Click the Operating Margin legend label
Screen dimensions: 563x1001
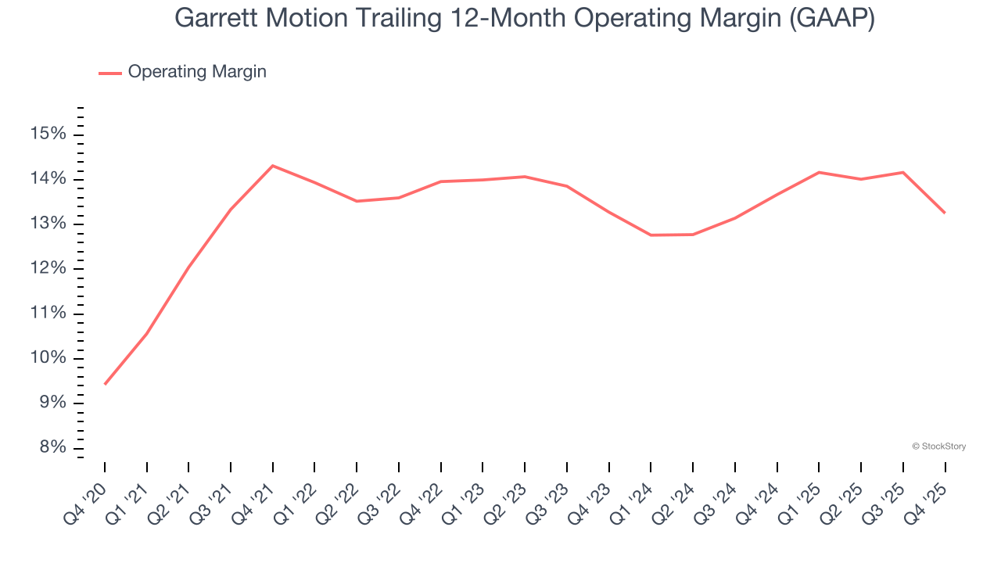[197, 72]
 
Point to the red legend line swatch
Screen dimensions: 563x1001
[109, 73]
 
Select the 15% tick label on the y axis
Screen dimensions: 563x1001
[47, 134]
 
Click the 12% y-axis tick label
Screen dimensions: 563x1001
[47, 269]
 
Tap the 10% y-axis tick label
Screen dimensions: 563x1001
[47, 358]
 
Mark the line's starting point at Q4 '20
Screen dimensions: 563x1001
[105, 384]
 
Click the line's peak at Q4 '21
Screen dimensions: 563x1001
[273, 166]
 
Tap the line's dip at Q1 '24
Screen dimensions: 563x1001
[651, 235]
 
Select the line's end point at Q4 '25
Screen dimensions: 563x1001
[945, 213]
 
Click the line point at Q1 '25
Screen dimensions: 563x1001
[819, 172]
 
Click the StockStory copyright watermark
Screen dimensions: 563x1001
[938, 446]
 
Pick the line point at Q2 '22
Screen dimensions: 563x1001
[357, 201]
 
